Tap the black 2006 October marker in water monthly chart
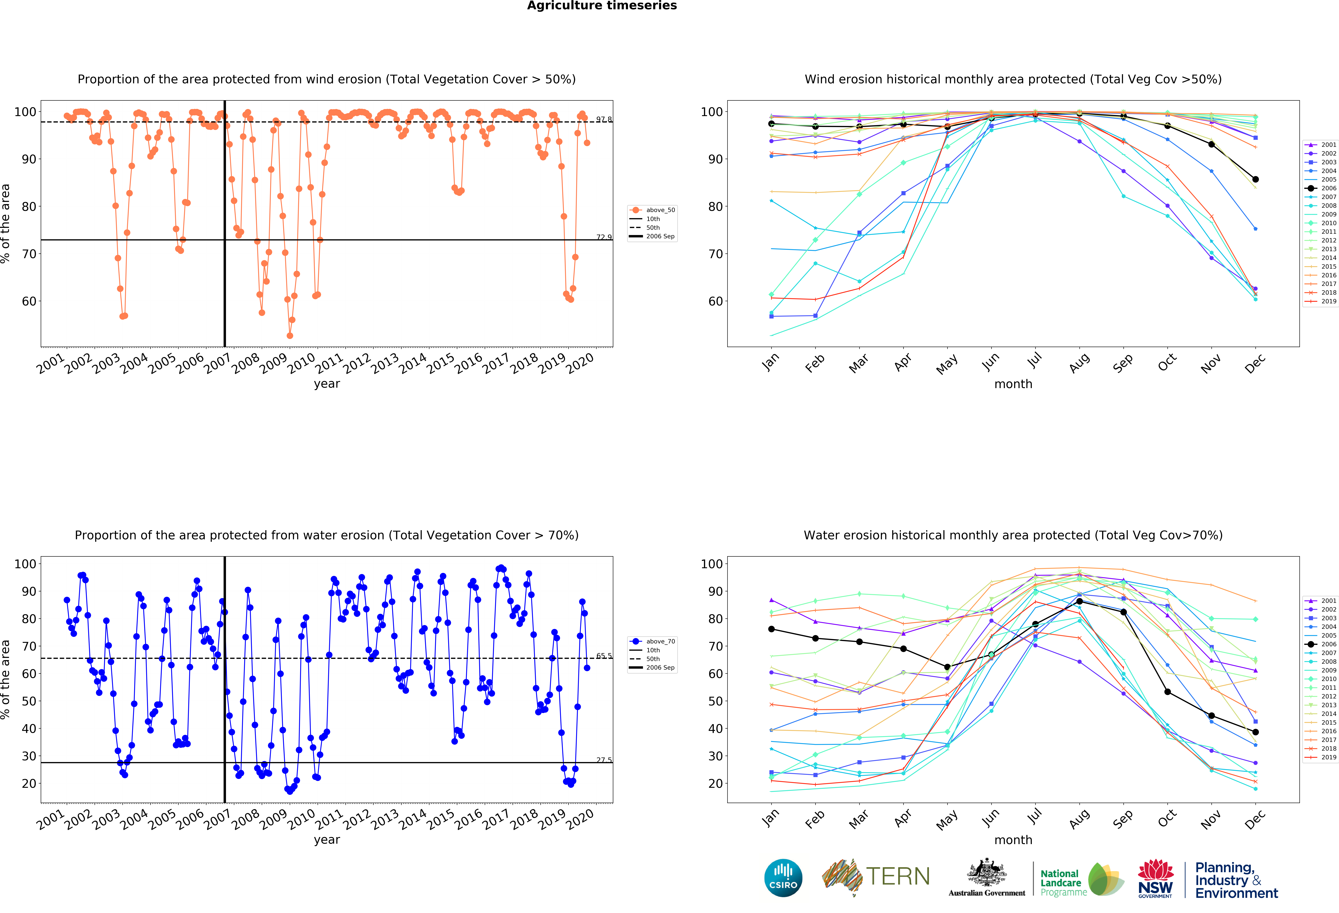tap(1167, 692)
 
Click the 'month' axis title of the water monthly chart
tap(1013, 840)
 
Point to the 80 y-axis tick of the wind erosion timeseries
tap(29, 206)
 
